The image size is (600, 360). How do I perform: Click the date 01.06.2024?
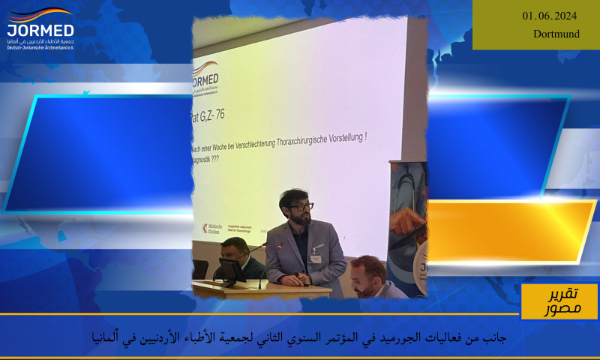click(550, 16)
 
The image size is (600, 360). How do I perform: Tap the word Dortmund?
click(556, 34)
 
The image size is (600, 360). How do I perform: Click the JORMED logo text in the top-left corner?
click(40, 31)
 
